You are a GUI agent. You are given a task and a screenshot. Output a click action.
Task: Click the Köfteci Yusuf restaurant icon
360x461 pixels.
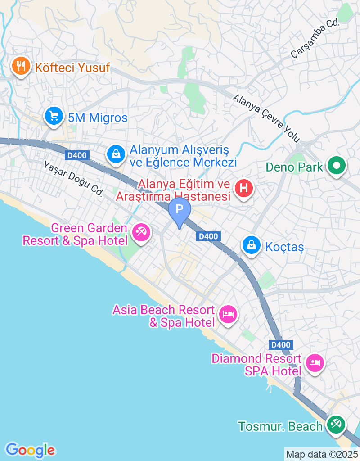(20, 68)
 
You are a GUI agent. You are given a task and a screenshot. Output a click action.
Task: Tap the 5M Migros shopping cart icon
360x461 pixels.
(54, 117)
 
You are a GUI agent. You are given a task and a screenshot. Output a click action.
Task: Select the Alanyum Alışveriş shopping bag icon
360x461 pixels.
(116, 154)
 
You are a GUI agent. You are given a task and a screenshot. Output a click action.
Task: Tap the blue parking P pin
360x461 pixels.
(180, 210)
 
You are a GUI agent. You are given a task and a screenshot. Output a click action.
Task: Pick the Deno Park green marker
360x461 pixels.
(336, 166)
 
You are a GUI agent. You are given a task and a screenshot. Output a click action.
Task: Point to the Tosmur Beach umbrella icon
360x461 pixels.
(335, 425)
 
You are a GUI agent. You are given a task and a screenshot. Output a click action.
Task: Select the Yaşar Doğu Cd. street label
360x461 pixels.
(73, 179)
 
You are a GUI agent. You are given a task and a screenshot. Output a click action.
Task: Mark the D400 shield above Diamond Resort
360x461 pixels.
(281, 345)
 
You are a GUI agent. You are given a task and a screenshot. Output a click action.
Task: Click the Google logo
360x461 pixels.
(30, 450)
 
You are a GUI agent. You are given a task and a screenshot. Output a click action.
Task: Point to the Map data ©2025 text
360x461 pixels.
(322, 454)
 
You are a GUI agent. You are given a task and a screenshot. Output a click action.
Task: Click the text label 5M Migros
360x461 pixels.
(98, 118)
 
